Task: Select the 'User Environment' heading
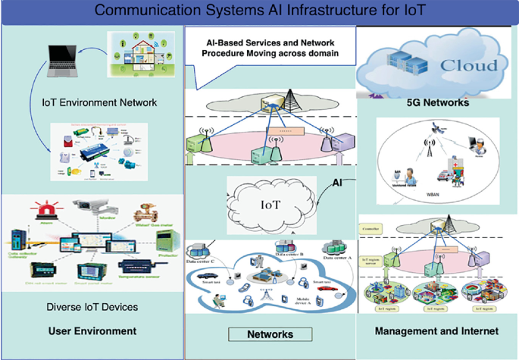pos(92,330)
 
